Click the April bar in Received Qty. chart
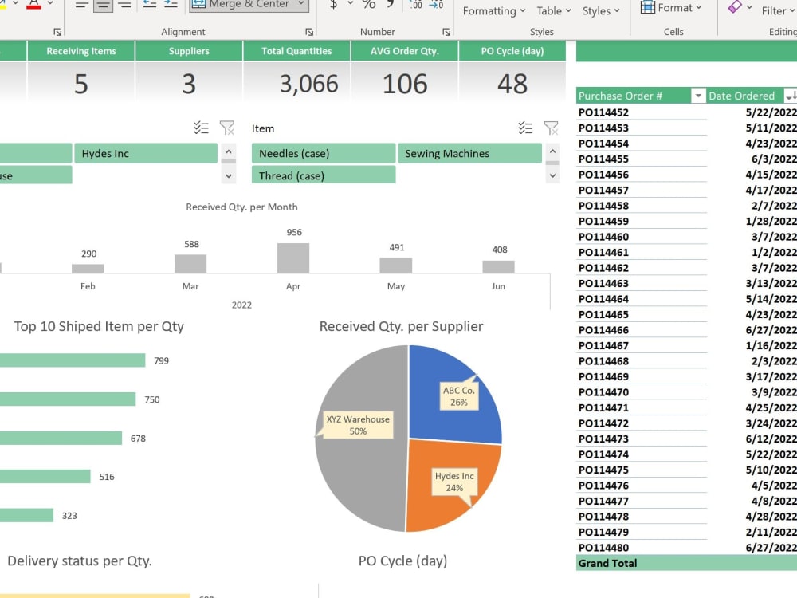pyautogui.click(x=293, y=258)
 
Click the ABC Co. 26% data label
pyautogui.click(x=458, y=396)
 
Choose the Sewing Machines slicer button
pyautogui.click(x=469, y=154)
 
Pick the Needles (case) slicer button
pyautogui.click(x=324, y=154)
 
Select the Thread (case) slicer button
pyautogui.click(x=324, y=175)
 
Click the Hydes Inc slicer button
pyautogui.click(x=146, y=154)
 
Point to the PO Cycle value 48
pyautogui.click(x=512, y=84)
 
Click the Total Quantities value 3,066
pyautogui.click(x=308, y=84)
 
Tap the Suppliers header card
pyautogui.click(x=189, y=51)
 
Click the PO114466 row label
pyautogui.click(x=603, y=330)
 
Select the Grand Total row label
pyautogui.click(x=608, y=563)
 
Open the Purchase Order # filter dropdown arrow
pyautogui.click(x=698, y=96)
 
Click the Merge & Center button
pyautogui.click(x=249, y=5)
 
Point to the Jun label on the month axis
pyautogui.click(x=498, y=286)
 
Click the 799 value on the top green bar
pyautogui.click(x=161, y=361)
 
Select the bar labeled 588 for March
pyautogui.click(x=190, y=264)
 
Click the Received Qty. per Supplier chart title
pyautogui.click(x=401, y=326)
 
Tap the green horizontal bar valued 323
pyautogui.click(x=26, y=516)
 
